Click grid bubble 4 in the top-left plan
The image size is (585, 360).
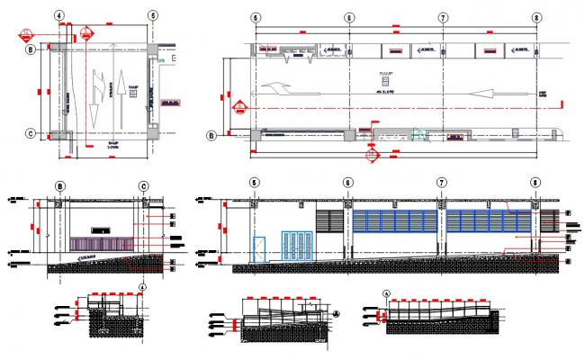(x=58, y=16)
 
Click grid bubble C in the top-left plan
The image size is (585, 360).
(x=31, y=134)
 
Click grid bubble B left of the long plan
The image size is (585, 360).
(x=211, y=136)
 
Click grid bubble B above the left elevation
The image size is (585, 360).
(x=60, y=186)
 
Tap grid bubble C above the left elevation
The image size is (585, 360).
(x=143, y=186)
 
